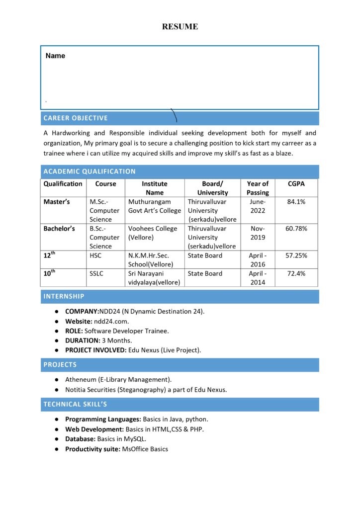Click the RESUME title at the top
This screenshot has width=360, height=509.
point(180,27)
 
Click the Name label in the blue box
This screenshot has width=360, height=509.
point(55,56)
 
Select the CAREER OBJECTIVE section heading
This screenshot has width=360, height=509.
point(76,118)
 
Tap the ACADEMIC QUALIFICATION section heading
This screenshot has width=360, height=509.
point(90,171)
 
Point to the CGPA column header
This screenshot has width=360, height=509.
point(296,184)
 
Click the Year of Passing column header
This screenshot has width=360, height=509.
point(258,188)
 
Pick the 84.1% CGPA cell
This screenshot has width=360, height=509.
point(296,202)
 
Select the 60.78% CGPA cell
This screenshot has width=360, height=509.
point(296,229)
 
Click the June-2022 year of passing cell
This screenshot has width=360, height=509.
point(258,206)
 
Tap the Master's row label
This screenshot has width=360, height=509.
point(57,202)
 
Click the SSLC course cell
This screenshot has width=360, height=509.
point(96,273)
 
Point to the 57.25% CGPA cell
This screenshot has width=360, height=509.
point(296,255)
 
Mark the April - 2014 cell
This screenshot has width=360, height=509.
point(258,278)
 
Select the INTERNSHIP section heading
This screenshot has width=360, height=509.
point(64,296)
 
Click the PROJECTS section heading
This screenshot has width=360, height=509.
point(60,365)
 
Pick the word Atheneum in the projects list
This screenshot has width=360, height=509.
point(81,380)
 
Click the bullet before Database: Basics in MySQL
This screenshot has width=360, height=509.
point(57,439)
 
